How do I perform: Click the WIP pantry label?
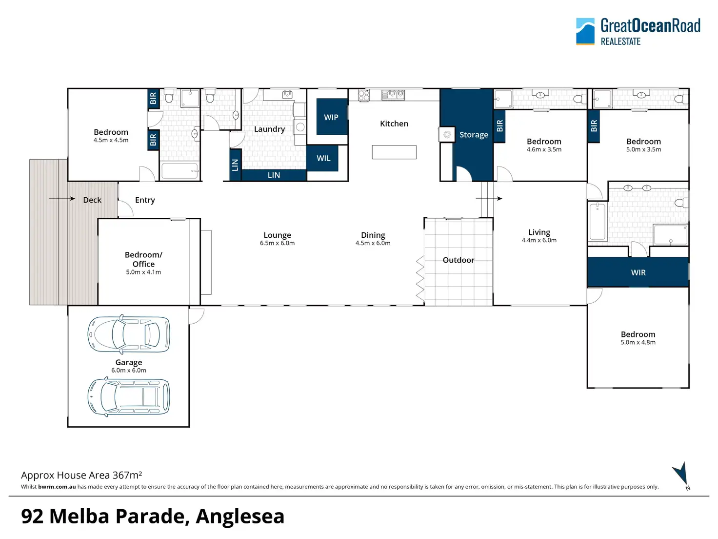click(331, 117)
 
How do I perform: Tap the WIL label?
click(323, 158)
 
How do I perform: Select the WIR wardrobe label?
click(638, 272)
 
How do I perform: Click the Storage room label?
click(474, 135)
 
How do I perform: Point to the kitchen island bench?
click(394, 152)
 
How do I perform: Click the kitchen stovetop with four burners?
click(364, 95)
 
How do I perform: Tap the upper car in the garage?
click(129, 334)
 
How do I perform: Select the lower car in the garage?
click(129, 396)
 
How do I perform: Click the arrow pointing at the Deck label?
click(62, 199)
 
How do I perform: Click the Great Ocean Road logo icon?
click(585, 31)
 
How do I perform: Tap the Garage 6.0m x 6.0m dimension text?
click(129, 371)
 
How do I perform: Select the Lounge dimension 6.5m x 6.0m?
click(278, 243)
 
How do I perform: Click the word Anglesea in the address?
click(240, 517)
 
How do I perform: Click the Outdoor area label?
click(459, 260)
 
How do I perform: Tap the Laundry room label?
click(270, 129)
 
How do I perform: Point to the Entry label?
click(145, 200)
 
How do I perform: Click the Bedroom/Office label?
click(143, 259)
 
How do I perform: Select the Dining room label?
click(373, 235)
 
